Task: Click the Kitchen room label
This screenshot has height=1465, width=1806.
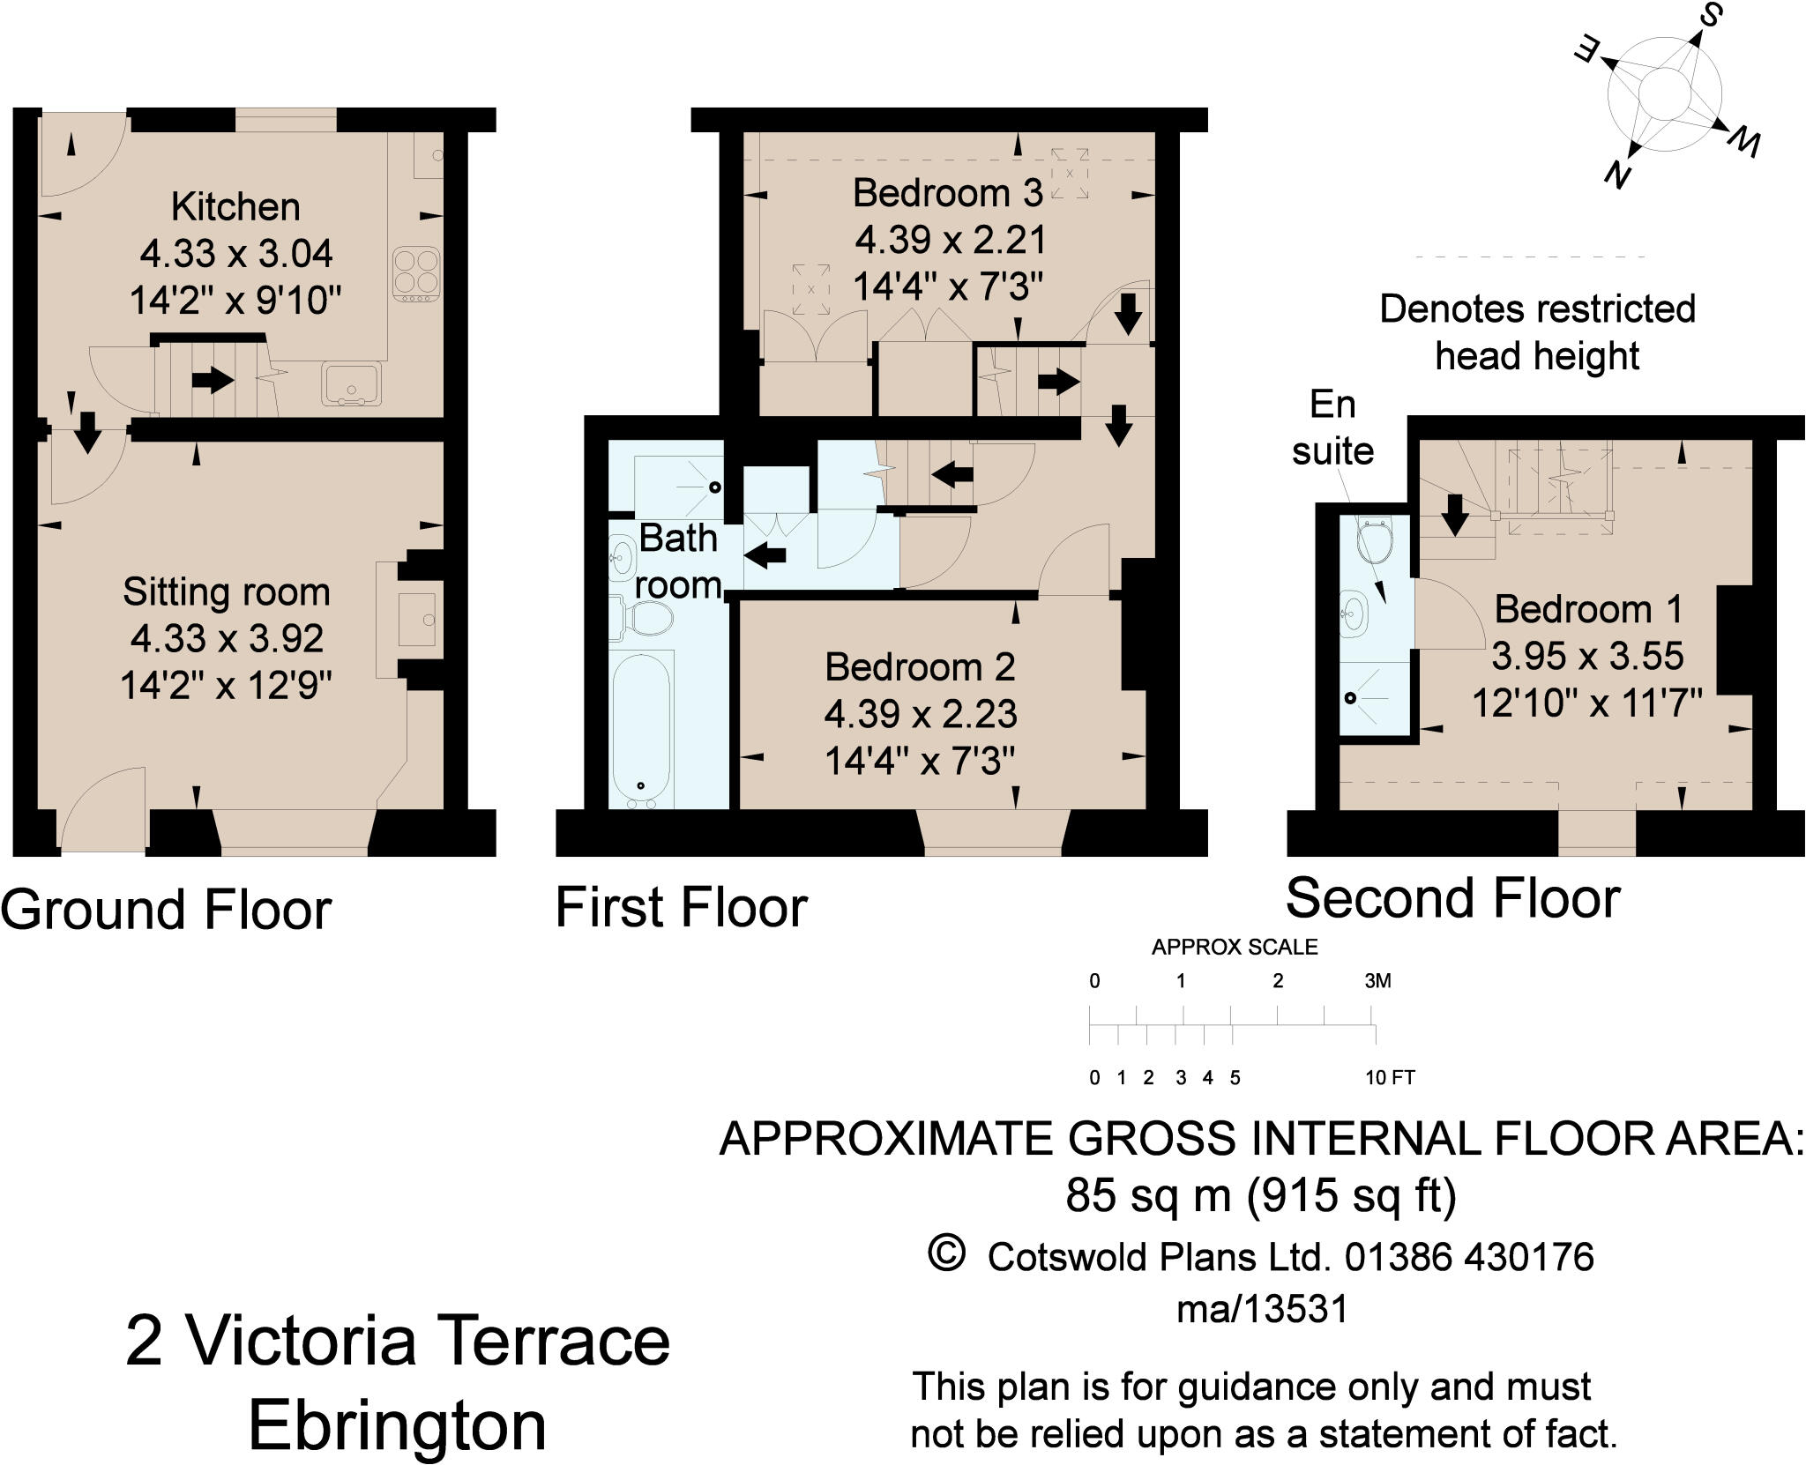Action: (x=235, y=207)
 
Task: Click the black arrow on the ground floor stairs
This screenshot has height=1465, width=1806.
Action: (x=213, y=380)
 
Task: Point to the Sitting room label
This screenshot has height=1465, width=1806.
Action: (x=227, y=591)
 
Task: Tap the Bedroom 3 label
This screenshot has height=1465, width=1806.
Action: (x=948, y=193)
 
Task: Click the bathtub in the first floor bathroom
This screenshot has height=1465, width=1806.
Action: (x=642, y=729)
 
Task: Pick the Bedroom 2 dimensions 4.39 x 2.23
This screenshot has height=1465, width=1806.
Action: (x=921, y=713)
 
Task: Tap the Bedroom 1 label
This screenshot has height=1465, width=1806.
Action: (x=1589, y=609)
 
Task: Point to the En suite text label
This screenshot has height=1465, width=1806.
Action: (x=1332, y=428)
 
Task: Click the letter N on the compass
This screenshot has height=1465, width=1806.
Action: (x=1616, y=177)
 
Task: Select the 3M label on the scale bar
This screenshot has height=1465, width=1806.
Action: (x=1377, y=981)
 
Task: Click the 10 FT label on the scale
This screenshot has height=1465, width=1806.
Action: (x=1390, y=1077)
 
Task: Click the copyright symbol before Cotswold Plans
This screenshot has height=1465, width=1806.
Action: (x=947, y=1253)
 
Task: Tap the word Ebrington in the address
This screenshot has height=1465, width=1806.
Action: (x=398, y=1426)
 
